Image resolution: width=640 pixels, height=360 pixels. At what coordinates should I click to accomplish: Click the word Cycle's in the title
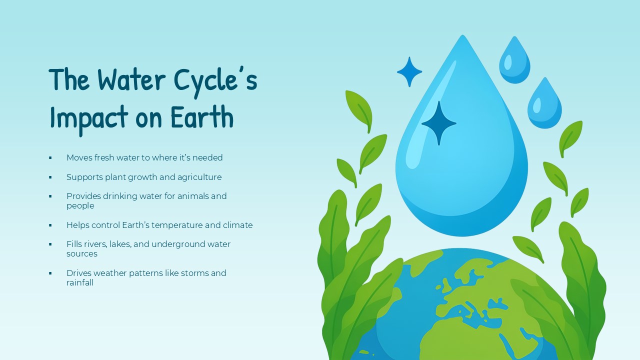[215, 80]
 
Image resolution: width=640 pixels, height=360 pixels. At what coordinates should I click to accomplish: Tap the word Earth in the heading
[202, 117]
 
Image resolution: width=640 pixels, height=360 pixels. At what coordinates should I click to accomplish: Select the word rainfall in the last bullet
[80, 282]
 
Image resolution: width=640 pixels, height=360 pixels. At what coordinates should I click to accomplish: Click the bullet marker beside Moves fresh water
[50, 158]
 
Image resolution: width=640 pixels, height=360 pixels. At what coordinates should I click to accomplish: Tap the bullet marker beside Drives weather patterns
[50, 273]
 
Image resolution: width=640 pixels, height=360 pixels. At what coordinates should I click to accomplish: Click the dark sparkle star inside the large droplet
[438, 123]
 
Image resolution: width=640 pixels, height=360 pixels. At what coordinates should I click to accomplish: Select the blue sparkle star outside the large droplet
[409, 72]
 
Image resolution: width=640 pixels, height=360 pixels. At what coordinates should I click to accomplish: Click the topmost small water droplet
[514, 61]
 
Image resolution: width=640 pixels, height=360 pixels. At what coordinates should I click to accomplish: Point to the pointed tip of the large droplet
[462, 37]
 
